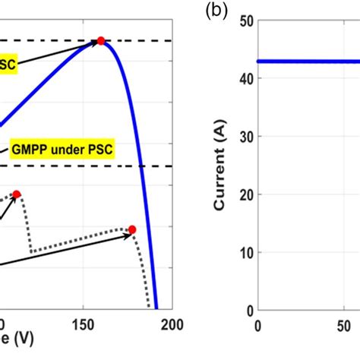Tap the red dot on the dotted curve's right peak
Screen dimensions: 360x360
(x=131, y=229)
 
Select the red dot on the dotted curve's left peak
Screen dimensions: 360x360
(x=17, y=194)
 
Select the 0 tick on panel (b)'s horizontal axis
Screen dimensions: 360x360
(x=258, y=325)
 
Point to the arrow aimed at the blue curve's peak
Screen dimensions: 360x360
(x=61, y=52)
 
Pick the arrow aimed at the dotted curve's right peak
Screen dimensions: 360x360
(x=68, y=250)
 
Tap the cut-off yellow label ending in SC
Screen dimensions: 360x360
(x=8, y=65)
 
